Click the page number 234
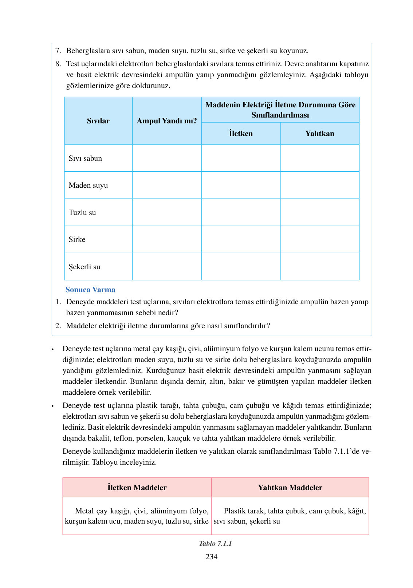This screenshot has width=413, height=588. coord(211,556)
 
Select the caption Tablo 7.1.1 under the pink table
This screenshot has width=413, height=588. coord(215,543)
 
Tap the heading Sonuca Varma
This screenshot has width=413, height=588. coord(90,290)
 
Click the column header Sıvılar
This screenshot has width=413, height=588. coord(98,121)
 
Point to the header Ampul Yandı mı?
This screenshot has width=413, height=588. coord(167,121)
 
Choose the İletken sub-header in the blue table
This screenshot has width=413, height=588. coord(241,134)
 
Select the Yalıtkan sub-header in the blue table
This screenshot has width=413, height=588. coord(319,134)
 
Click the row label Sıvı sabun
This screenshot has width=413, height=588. coord(85,158)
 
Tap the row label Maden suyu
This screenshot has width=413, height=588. coord(88,185)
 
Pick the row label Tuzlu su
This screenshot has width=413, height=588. coord(82,212)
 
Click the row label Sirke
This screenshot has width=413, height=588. coord(77,239)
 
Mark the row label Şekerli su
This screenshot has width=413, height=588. coord(84,267)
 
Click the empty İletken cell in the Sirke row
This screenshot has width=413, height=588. coord(241,239)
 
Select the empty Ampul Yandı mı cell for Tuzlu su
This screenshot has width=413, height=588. coord(167,212)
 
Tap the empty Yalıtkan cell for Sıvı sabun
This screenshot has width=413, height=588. coord(319,158)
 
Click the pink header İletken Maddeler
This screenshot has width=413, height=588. coord(137,488)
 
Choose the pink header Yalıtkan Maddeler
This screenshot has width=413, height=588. coord(290,488)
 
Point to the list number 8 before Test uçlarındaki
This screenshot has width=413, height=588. coord(58,64)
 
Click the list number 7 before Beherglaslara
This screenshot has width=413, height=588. coord(58,51)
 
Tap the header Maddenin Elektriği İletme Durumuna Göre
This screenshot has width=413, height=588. coord(280,105)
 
